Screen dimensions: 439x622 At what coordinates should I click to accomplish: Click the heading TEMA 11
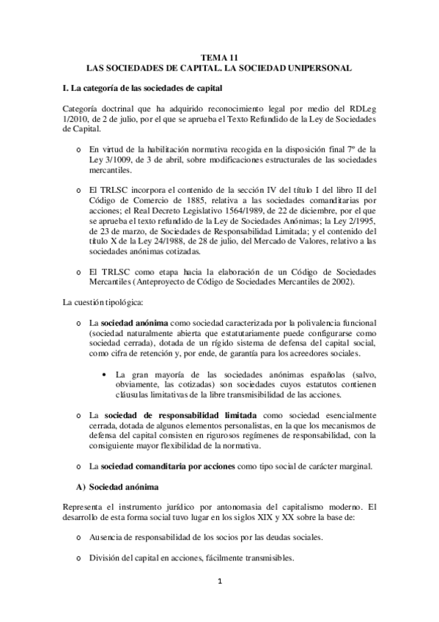pyautogui.click(x=219, y=56)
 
